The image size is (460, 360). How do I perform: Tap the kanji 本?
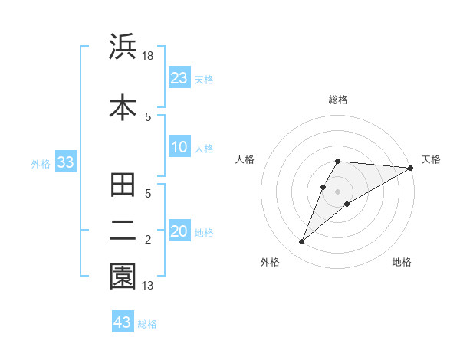[123, 107]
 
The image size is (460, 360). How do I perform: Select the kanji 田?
[123, 186]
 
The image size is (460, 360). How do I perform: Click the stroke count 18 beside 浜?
[149, 55]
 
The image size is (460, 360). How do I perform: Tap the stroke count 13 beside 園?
[149, 286]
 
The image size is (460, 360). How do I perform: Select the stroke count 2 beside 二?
[149, 240]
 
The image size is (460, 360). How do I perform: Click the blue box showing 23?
[179, 78]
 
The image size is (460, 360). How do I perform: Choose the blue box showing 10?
[179, 147]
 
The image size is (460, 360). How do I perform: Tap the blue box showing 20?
[179, 231]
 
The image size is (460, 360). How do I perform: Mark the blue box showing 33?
[65, 162]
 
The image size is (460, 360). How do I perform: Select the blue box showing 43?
[123, 322]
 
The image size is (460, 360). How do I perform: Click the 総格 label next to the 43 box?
[147, 324]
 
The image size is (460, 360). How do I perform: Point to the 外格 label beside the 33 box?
[41, 163]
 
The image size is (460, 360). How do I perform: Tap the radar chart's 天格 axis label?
[431, 159]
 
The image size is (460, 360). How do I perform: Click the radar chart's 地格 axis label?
[402, 262]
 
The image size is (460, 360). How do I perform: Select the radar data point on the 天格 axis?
[410, 168]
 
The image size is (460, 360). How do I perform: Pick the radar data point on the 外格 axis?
[301, 242]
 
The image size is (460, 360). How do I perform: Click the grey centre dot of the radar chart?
[338, 191]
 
